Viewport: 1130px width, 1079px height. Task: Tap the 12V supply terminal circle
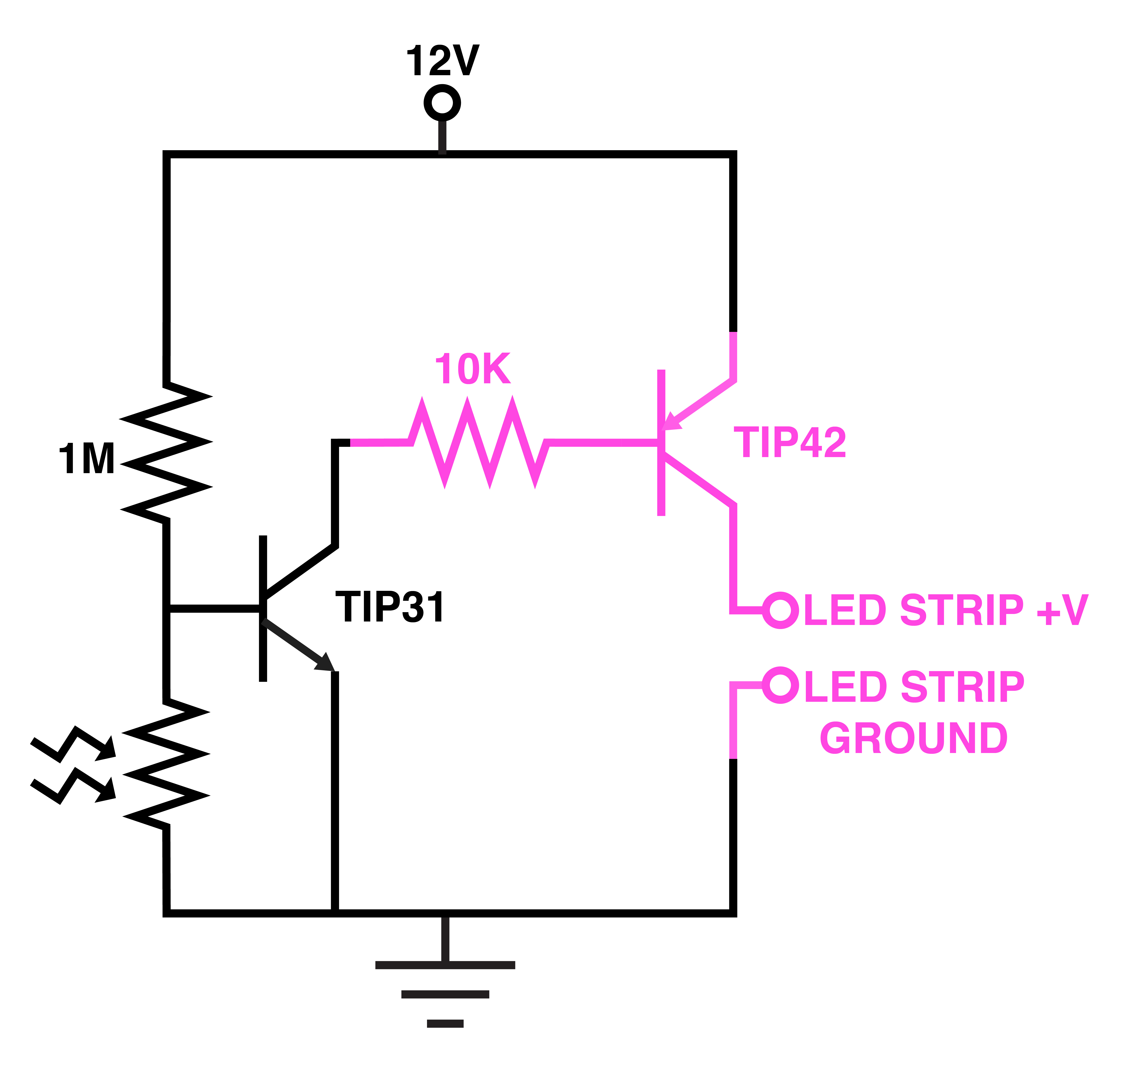click(x=442, y=103)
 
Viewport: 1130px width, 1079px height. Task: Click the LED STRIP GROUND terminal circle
click(x=780, y=685)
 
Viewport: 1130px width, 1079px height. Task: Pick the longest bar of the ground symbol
click(x=445, y=965)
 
